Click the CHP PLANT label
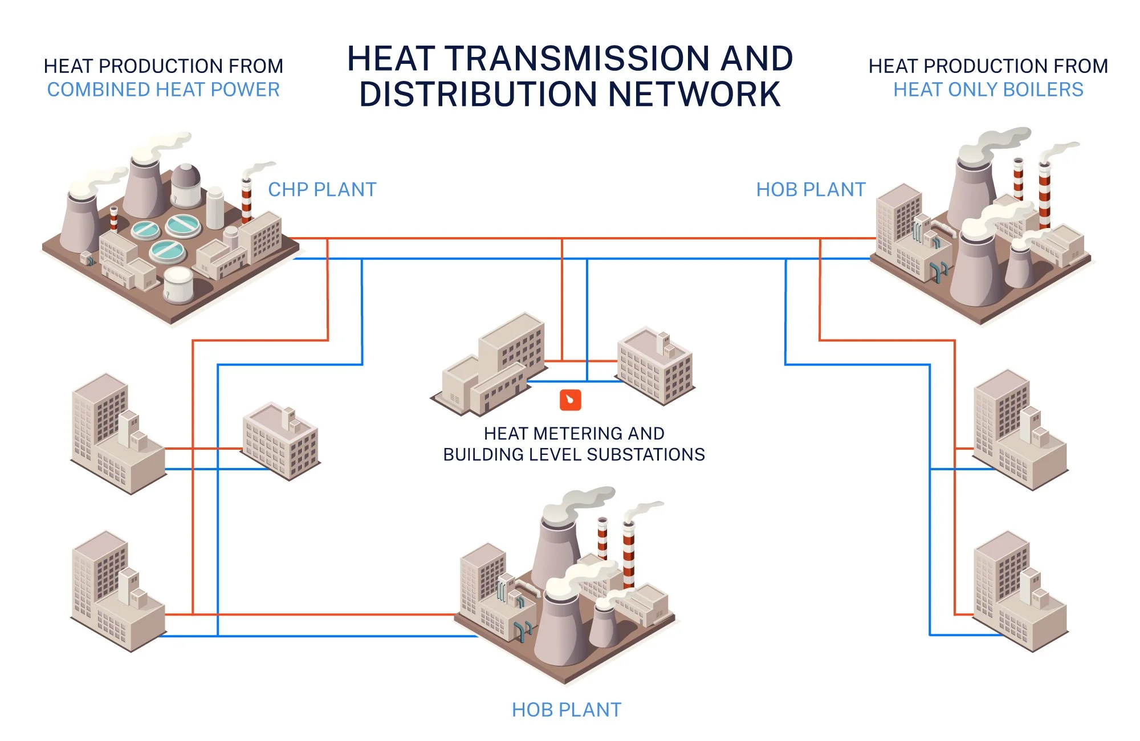pos(322,190)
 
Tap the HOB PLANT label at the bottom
pos(566,710)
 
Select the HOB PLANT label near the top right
pos(811,190)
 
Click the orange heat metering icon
pos(570,400)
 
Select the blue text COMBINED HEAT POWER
pos(164,90)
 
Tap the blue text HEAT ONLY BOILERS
pos(988,90)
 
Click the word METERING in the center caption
pos(576,434)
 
